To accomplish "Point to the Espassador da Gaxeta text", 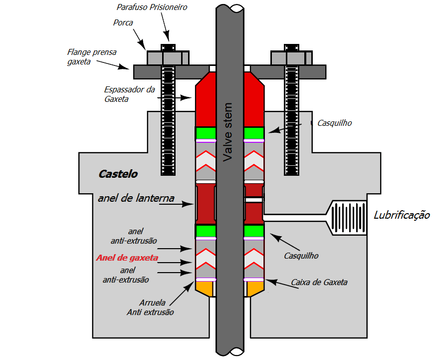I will (123, 94).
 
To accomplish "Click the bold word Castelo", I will (118, 174).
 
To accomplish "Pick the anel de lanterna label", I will (136, 198).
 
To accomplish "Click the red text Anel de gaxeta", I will (127, 258).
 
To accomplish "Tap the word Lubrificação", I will (402, 215).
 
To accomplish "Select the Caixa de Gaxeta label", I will (319, 283).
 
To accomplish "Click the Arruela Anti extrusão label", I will (151, 307).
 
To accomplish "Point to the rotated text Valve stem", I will (228, 132).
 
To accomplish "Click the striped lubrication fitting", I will (348, 218).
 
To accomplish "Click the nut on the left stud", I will (168, 58).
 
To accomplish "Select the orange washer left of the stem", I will (205, 288).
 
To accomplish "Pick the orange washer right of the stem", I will (254, 288).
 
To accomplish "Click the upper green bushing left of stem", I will (205, 133).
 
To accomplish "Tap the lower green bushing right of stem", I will (254, 231).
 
